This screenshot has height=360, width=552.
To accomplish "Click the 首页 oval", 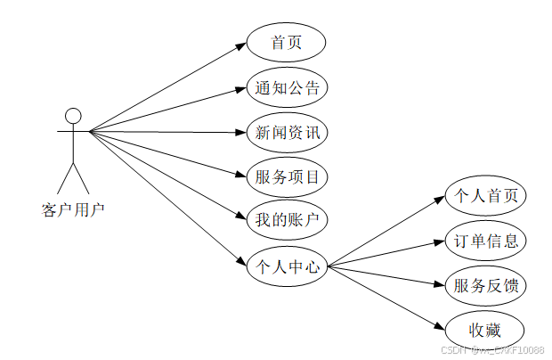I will tap(286, 43).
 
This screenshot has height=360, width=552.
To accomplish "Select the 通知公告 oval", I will tap(286, 88).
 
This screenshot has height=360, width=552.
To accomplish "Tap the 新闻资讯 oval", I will tap(286, 133).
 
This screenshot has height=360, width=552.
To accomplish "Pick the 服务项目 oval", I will tap(286, 176).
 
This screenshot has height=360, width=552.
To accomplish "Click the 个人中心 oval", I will tap(286, 265).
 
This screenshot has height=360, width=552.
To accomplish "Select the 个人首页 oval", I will tap(485, 196).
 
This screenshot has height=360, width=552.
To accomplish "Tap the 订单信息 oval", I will tap(485, 241).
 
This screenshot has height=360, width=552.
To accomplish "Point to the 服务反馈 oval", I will tap(485, 286).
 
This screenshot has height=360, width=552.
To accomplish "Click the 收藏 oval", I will tap(485, 330).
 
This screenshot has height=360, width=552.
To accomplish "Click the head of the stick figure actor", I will tap(73, 116).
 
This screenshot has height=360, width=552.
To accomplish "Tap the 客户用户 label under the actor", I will tap(73, 210).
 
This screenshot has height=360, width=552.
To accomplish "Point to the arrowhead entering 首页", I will tap(241, 45).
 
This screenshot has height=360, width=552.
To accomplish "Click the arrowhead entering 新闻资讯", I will tap(241, 133).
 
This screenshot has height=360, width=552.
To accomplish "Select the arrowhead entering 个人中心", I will tap(241, 260).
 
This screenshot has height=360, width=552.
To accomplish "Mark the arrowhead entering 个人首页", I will tap(440, 200).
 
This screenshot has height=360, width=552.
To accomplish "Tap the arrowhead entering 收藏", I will tap(440, 326).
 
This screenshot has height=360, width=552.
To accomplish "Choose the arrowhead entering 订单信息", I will tap(440, 241).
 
